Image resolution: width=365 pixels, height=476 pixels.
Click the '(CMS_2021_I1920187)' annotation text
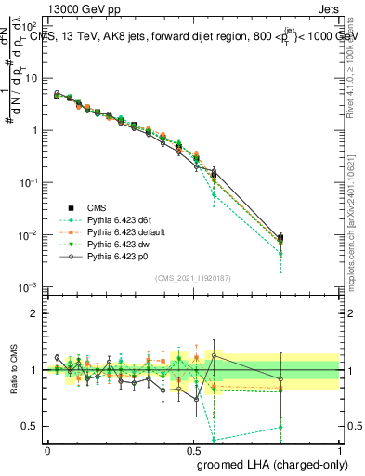(192, 277)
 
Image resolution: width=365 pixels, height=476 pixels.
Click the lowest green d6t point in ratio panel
(215, 440)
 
